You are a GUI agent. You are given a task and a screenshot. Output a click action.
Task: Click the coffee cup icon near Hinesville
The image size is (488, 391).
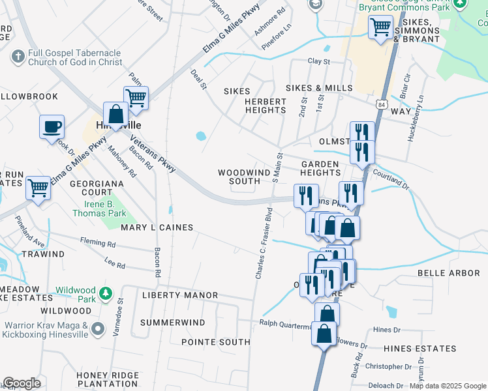(52, 127)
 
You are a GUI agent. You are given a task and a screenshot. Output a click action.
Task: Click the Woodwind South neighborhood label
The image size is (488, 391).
(239, 177)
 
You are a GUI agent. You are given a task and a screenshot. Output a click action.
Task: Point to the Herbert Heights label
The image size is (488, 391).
(266, 106)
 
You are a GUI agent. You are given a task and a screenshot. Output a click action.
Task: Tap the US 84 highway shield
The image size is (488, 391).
(382, 103)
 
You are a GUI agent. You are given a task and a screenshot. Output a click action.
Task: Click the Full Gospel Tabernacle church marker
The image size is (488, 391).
(19, 57)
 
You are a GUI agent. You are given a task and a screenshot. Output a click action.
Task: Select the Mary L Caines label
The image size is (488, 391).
(157, 227)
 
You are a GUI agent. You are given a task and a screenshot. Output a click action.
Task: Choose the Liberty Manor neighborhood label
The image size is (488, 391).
(180, 295)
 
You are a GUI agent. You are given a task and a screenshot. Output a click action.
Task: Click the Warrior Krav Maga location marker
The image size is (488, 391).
(98, 329)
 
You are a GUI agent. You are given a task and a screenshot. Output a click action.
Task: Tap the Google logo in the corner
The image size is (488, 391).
(21, 383)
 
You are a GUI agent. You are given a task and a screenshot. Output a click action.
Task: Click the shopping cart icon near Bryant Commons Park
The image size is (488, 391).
(380, 27)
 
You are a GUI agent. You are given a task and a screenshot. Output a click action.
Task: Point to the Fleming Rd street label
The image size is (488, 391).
(98, 245)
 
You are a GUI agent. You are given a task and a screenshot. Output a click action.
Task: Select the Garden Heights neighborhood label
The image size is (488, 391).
(320, 168)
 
